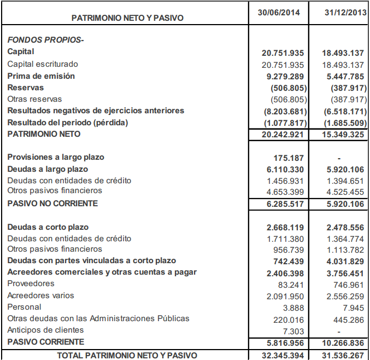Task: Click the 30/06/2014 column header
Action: (x=279, y=12)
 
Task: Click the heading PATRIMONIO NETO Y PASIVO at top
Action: (x=127, y=18)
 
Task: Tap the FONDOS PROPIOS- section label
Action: (x=45, y=39)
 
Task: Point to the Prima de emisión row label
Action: (x=41, y=76)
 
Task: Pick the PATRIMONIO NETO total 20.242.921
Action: (x=281, y=135)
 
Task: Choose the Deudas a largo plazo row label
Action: (x=48, y=169)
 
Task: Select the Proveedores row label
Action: (x=31, y=283)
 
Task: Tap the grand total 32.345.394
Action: (x=281, y=355)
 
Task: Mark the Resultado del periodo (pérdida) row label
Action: (x=67, y=123)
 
